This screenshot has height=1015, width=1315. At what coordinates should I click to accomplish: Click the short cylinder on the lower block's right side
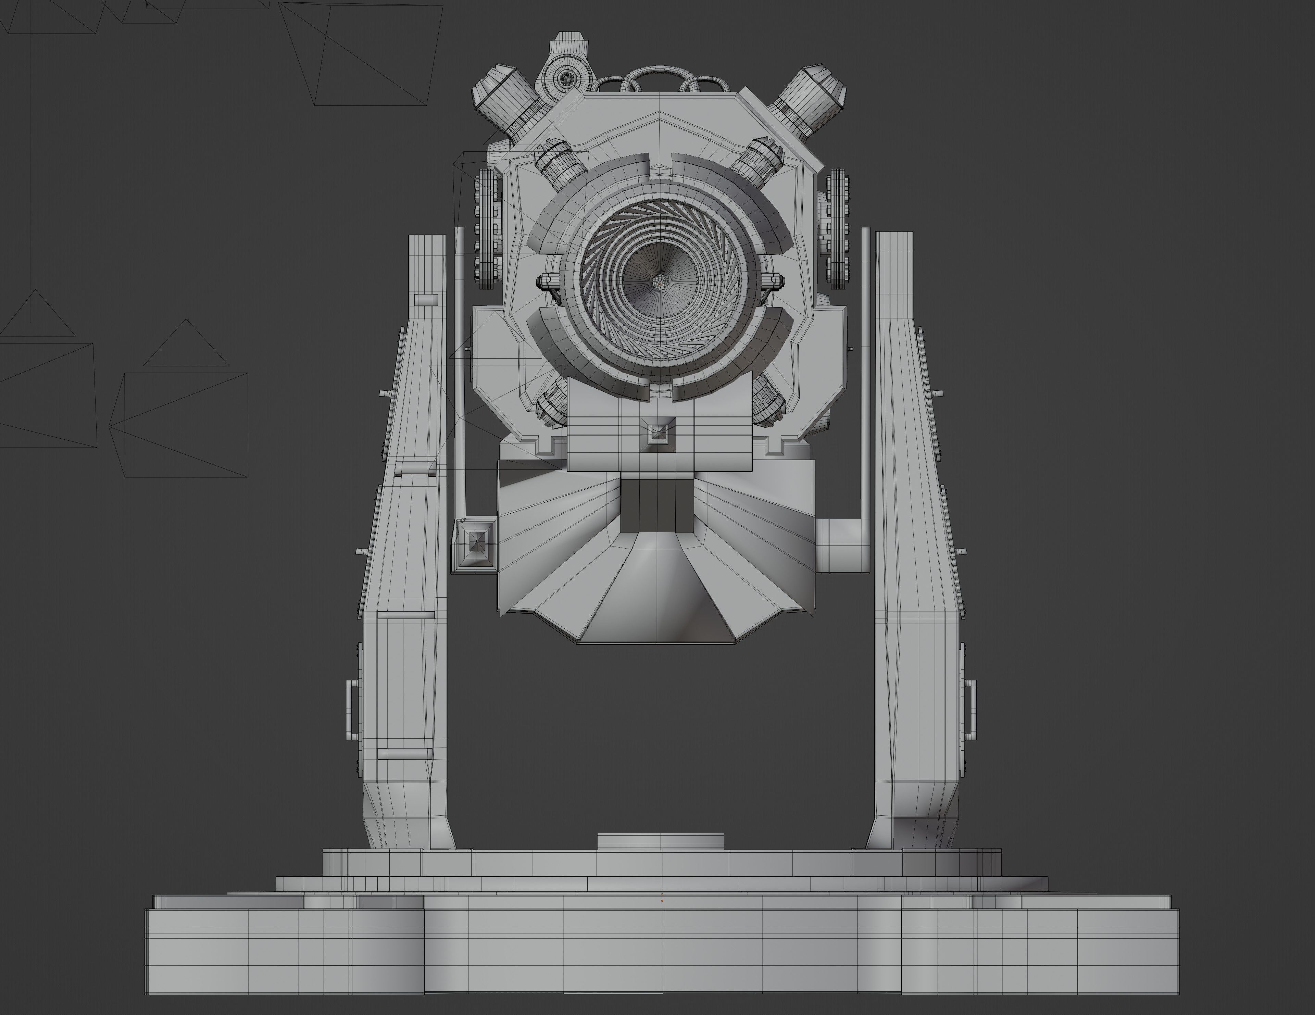[842, 547]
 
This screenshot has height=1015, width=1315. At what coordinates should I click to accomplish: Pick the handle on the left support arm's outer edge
[352, 710]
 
